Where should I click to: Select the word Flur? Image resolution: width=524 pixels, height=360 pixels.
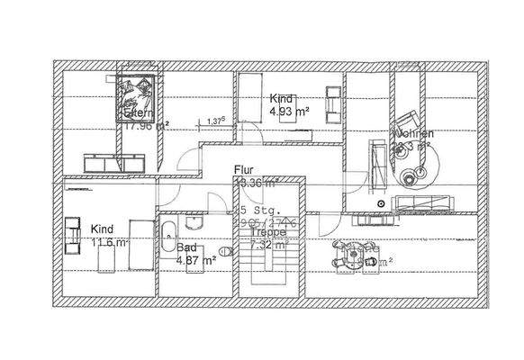click(x=244, y=169)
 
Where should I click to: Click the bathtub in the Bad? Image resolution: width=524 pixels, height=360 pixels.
click(x=168, y=237)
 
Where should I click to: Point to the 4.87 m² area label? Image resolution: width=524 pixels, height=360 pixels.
click(x=196, y=260)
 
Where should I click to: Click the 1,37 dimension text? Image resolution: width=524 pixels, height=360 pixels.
click(x=215, y=121)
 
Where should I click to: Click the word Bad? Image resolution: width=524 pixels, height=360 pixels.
click(x=186, y=247)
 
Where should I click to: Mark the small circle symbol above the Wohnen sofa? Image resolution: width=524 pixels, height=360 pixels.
click(x=382, y=202)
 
